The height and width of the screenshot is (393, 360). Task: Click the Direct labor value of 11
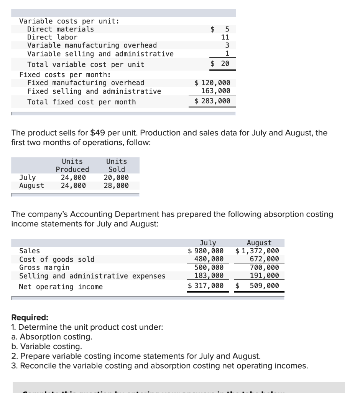point(225,37)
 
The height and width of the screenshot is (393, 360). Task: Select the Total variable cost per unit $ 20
point(220,64)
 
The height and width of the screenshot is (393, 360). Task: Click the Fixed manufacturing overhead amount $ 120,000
point(212,83)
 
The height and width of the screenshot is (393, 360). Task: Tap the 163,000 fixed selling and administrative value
point(216,91)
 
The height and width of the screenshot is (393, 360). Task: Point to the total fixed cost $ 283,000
point(212,101)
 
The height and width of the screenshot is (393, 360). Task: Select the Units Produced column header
point(72,165)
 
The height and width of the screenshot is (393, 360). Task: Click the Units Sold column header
point(116,165)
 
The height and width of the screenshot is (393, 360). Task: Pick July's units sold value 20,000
point(116,178)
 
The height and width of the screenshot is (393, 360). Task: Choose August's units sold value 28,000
point(116,186)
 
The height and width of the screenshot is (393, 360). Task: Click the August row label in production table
point(31,186)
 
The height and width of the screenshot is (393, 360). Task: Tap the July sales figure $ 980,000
point(206,251)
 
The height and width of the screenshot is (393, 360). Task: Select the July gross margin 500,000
point(210,268)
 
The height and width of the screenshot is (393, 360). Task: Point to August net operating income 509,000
point(264,286)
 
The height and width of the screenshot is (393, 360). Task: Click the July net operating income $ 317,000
point(206,286)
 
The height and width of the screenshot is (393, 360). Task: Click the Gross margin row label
point(44,268)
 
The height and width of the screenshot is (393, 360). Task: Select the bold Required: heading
point(30,317)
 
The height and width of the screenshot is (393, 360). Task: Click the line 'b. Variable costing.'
point(47,347)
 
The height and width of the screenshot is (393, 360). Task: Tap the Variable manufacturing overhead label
point(92,45)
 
